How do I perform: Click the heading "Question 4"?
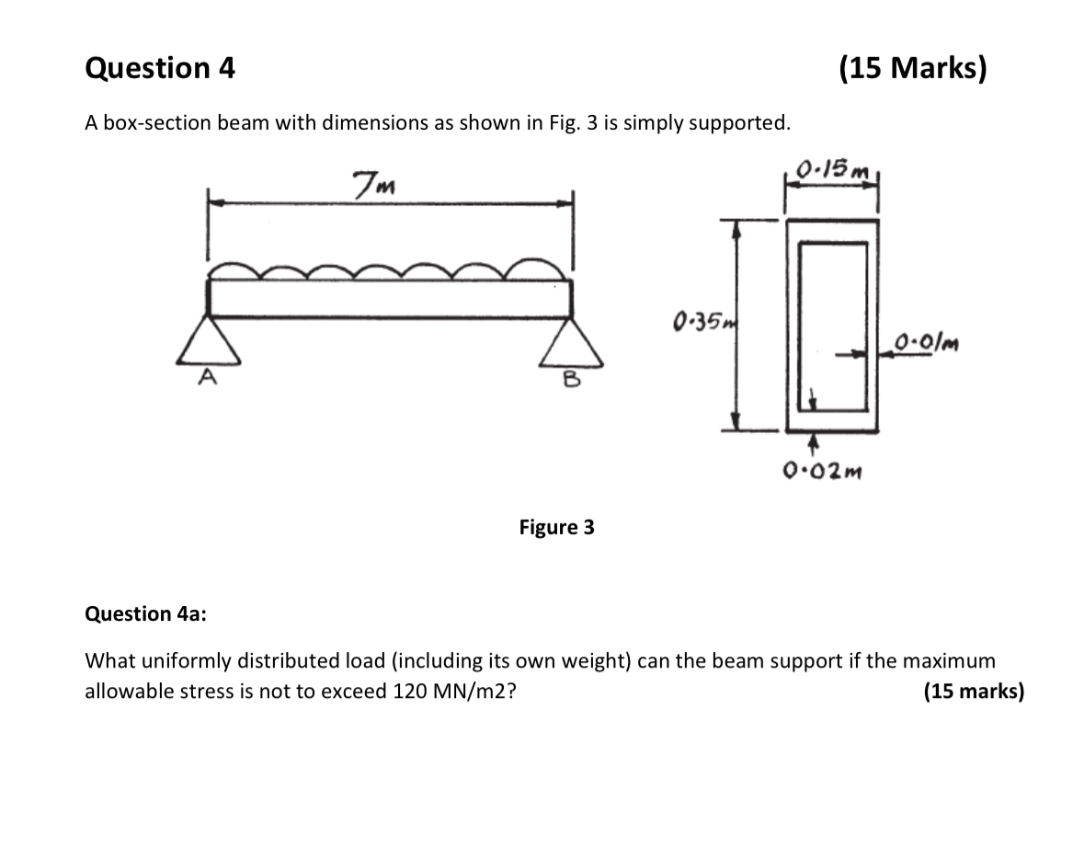tap(159, 68)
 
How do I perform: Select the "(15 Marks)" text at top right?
tap(912, 68)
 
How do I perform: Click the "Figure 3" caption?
tap(556, 528)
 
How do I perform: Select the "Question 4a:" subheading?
tap(145, 613)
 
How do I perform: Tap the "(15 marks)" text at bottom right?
tap(973, 692)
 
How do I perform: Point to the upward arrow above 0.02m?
tap(812, 445)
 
